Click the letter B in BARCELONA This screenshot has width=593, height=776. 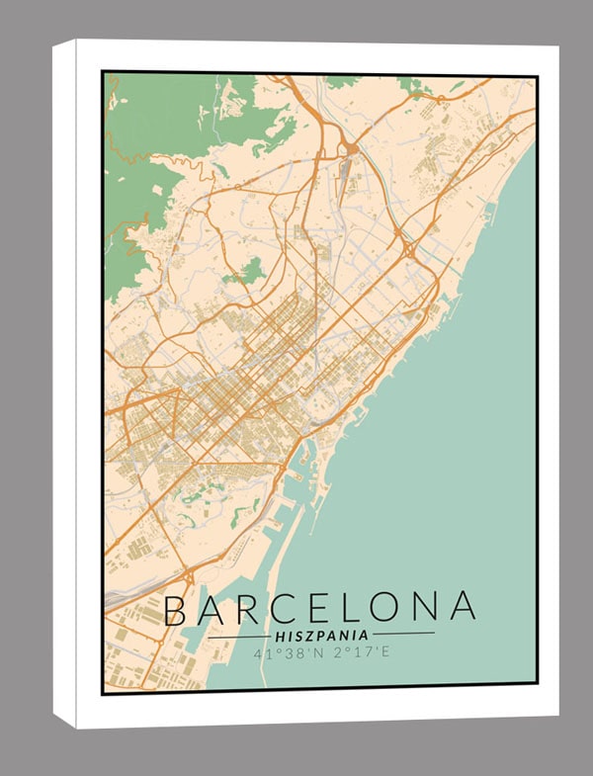point(175,610)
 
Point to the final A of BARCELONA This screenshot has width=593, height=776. point(462,609)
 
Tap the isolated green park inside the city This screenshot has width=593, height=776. point(253,270)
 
